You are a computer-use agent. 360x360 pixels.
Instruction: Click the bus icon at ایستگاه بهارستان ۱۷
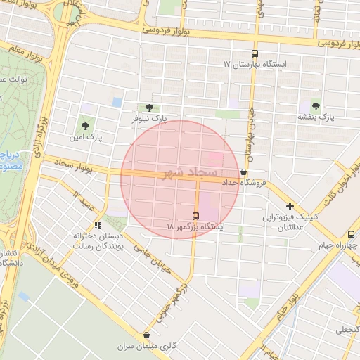255,53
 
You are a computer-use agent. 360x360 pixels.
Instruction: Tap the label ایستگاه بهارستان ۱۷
255,65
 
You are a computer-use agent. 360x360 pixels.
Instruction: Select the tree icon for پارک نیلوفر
148,108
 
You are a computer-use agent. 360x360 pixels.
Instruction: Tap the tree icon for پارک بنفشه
316,106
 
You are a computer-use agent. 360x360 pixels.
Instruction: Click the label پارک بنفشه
316,117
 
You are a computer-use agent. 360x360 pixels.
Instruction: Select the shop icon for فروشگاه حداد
243,172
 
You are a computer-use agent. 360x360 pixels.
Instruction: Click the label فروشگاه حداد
243,182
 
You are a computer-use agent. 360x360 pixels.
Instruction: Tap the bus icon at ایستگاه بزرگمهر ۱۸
196,215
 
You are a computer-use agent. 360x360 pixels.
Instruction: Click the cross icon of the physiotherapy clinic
290,206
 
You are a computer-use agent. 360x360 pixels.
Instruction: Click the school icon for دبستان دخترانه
98,225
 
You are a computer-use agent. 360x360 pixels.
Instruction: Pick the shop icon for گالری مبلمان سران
146,335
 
